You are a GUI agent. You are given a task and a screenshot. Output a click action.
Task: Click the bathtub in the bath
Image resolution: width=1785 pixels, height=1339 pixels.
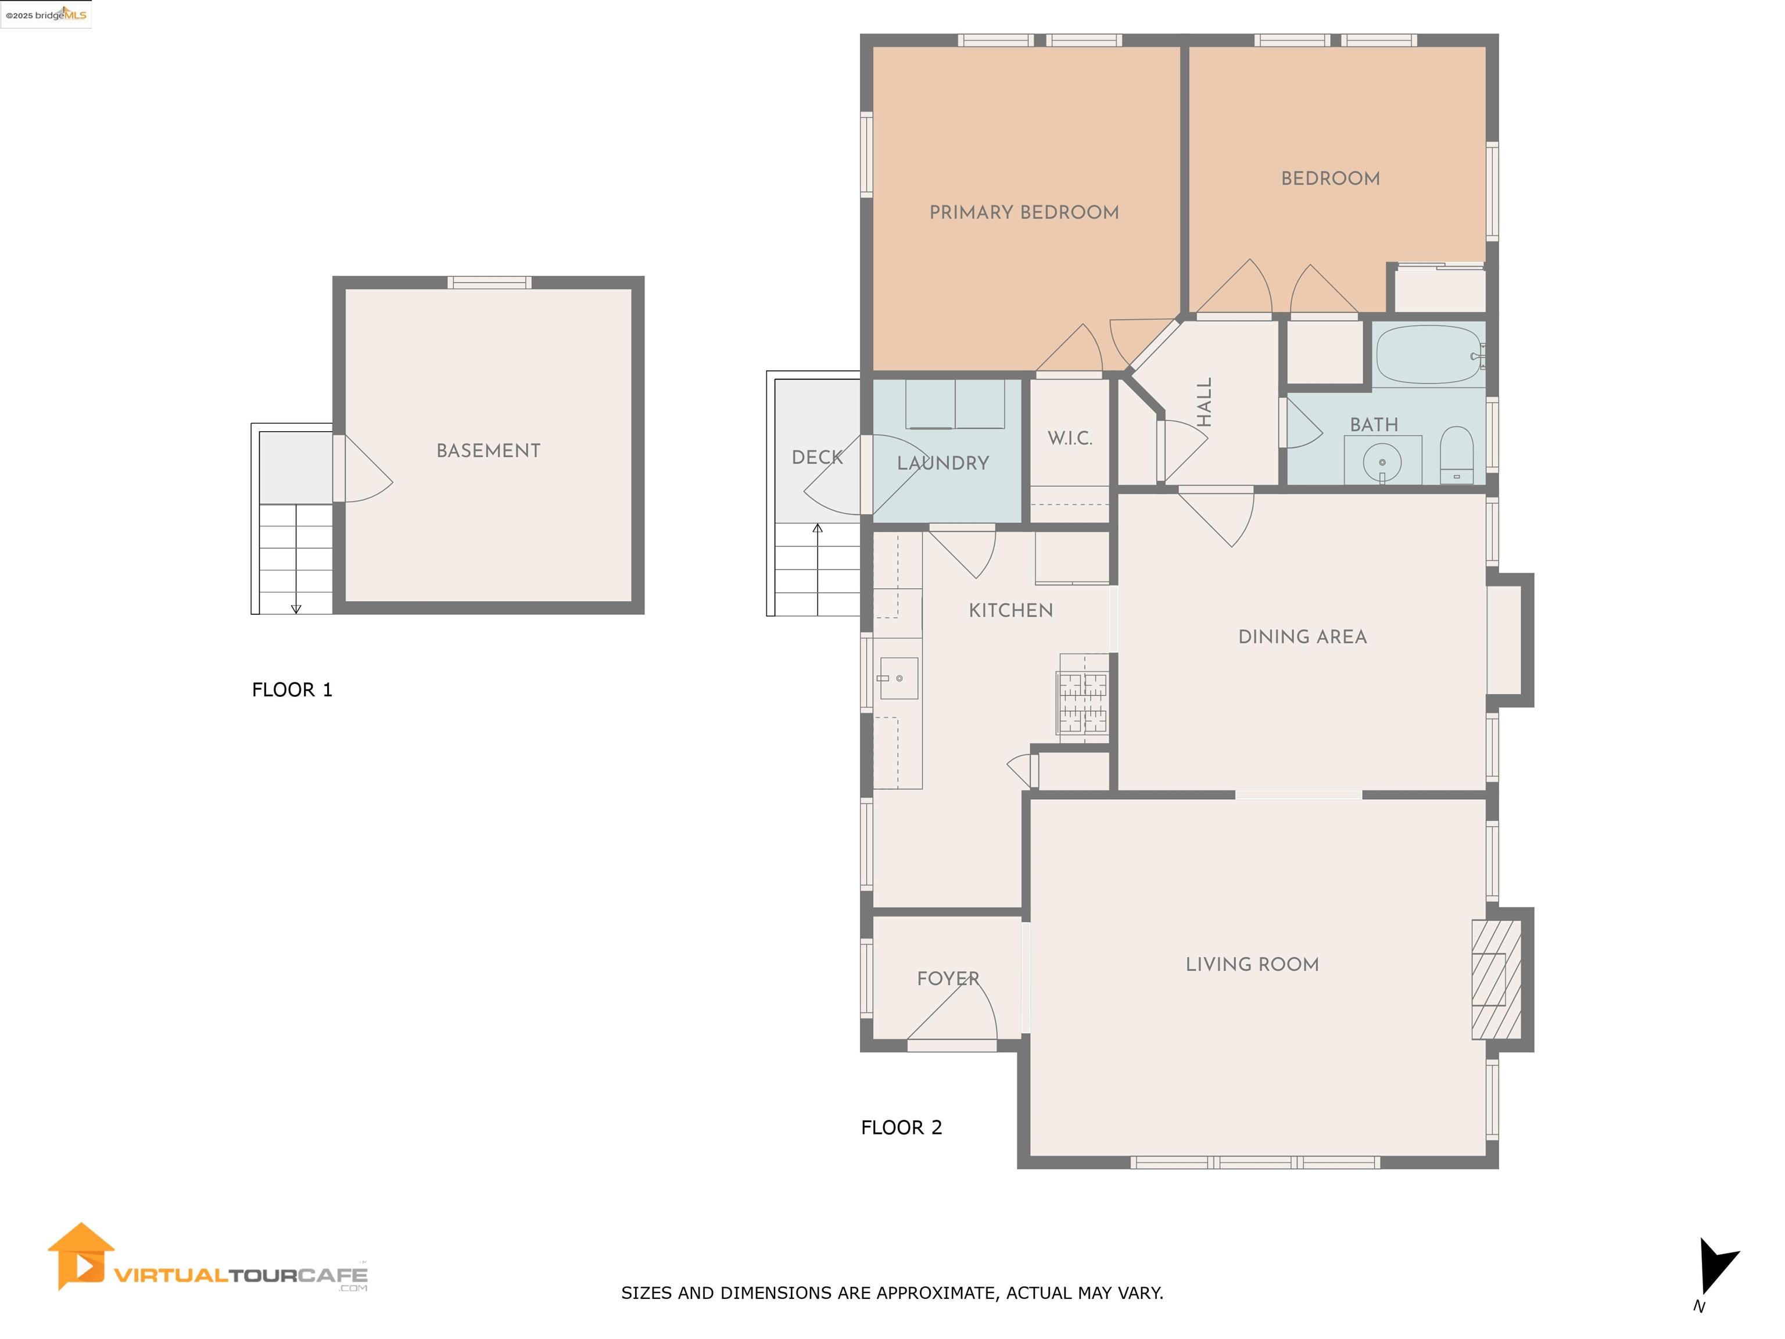1428,355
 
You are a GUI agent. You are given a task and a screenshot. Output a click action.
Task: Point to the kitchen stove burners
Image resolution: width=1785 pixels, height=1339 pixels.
1083,699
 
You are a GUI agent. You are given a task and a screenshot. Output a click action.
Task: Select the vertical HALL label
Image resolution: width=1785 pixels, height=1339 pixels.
1204,402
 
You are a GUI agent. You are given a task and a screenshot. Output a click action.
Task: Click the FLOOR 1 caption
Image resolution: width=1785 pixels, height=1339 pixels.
292,690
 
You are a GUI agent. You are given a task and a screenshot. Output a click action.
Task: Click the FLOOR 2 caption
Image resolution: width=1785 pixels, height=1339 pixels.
901,1127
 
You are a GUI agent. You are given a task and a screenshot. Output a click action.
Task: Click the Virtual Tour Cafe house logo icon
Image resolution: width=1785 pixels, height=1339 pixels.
81,1256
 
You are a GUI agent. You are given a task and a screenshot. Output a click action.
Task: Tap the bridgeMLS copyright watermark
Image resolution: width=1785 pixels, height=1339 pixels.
46,15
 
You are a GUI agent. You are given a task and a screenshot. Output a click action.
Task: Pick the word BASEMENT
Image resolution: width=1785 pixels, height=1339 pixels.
488,451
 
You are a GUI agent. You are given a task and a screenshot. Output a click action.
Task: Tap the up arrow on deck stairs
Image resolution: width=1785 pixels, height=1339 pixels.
818,529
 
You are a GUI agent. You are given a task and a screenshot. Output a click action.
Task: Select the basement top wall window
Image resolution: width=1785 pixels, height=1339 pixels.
489,282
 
